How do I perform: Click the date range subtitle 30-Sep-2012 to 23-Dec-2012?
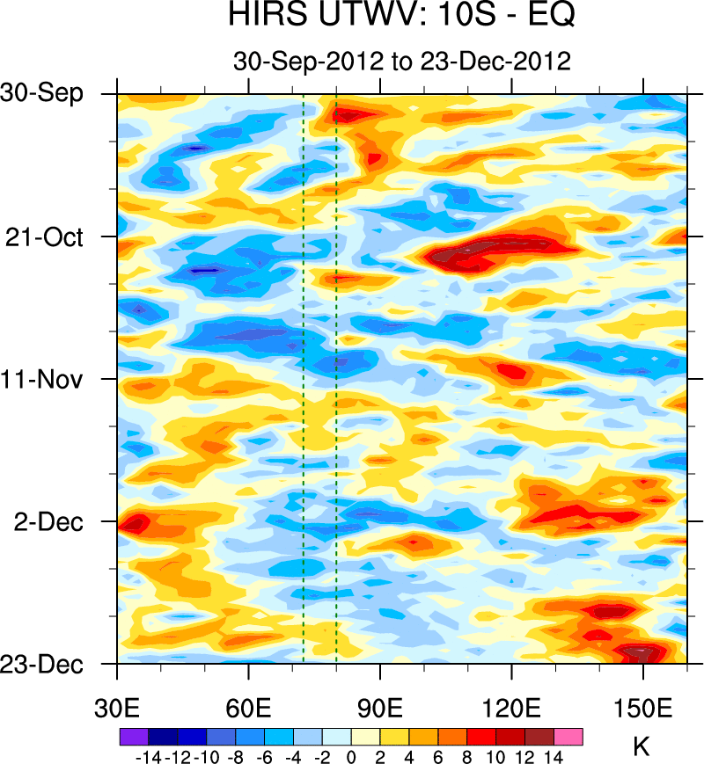[x=402, y=61]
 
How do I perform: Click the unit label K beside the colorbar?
[x=642, y=747]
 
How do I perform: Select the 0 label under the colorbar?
[x=351, y=756]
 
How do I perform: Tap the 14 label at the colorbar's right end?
[x=554, y=756]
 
